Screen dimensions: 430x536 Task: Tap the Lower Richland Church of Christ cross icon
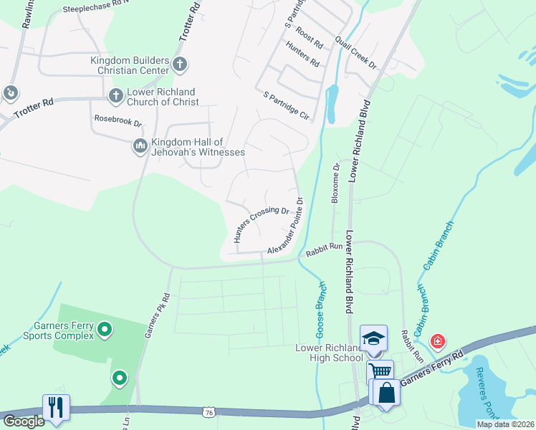click(115, 95)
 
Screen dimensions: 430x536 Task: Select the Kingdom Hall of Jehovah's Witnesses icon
click(140, 147)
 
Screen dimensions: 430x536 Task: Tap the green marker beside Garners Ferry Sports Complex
click(105, 330)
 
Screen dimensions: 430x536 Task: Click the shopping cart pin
click(380, 371)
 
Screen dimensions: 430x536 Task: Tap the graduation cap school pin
click(373, 338)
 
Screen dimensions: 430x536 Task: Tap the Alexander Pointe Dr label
click(287, 226)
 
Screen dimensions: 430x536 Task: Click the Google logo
click(24, 421)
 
